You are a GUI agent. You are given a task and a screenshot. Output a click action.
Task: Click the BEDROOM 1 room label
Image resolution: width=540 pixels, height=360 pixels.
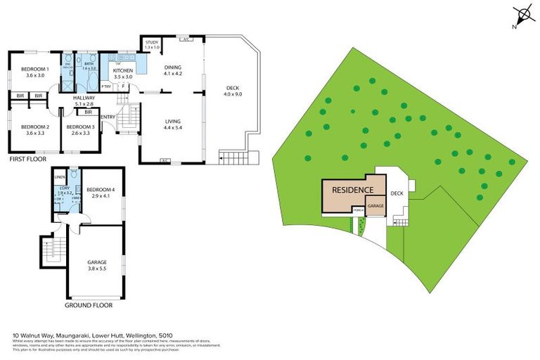click(33, 69)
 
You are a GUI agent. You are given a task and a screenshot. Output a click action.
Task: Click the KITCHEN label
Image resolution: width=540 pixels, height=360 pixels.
click(123, 70)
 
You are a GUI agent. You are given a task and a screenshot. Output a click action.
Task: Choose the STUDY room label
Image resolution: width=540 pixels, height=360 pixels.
click(152, 44)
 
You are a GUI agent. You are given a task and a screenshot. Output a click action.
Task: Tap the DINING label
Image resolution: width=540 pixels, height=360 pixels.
click(173, 69)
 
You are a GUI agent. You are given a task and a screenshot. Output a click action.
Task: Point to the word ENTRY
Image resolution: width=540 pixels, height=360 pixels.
click(109, 117)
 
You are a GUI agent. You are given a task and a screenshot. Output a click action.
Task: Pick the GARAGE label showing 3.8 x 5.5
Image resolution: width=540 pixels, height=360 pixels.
click(96, 263)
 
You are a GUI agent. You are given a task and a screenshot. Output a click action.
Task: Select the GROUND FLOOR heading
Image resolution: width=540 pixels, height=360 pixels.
click(88, 305)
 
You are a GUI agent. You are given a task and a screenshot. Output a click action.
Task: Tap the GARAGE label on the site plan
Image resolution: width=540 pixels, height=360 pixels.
click(375, 207)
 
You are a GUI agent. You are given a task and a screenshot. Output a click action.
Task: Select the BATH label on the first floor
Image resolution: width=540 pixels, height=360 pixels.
click(89, 64)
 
